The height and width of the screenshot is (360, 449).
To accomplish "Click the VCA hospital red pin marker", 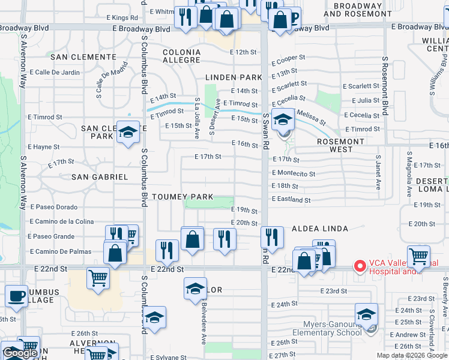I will pos(360,265).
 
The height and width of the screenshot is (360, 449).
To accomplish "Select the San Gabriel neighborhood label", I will pos(100,177).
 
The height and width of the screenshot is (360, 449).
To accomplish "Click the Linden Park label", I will pos(234,77).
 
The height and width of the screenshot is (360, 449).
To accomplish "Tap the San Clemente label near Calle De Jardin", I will pos(83,57).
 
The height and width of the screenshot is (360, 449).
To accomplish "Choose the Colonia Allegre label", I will pos(181,56).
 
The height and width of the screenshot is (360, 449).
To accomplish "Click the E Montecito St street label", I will pos(294,173).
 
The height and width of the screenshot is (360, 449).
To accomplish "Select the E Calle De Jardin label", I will pos(54,73).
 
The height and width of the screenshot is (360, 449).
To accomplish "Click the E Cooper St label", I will pos(288,59).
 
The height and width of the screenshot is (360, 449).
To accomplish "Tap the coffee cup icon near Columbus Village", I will pos(16,295).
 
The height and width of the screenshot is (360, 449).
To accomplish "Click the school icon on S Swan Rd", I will pos(283,119).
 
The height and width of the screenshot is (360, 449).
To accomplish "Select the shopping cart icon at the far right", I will pos(418,256).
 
